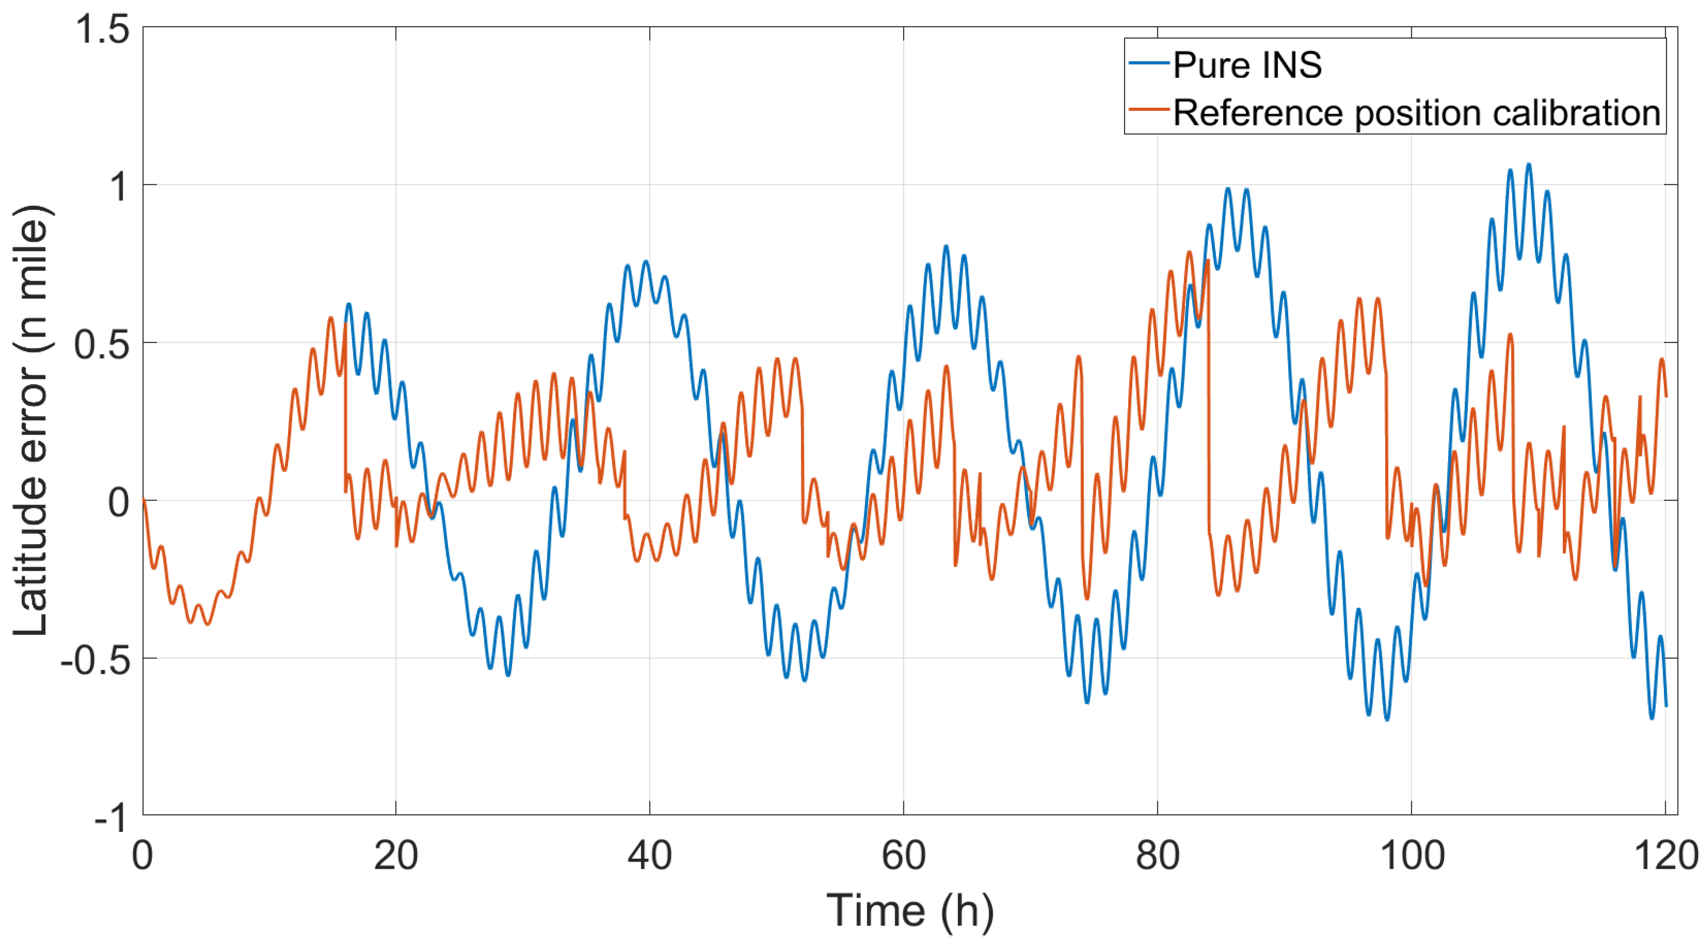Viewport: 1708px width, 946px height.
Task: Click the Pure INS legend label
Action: [1246, 65]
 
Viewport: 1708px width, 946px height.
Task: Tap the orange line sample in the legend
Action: [1148, 110]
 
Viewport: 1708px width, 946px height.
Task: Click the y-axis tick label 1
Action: [120, 186]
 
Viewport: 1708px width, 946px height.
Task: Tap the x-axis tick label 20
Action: [396, 856]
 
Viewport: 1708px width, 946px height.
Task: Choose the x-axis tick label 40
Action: [649, 856]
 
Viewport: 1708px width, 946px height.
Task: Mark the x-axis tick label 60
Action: [903, 856]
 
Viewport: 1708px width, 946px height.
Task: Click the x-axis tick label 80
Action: [1157, 856]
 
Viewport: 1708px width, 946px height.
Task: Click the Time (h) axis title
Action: [910, 911]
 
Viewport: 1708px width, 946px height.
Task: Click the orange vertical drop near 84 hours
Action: [1209, 398]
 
